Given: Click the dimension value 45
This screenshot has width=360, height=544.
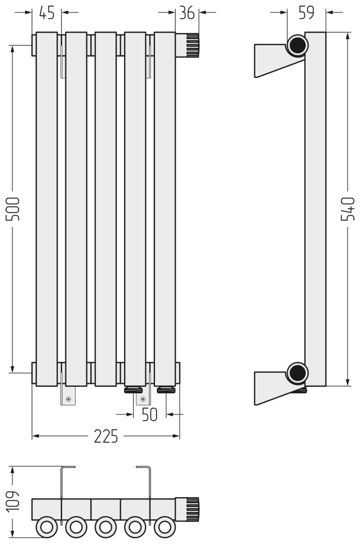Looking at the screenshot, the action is coord(47,13).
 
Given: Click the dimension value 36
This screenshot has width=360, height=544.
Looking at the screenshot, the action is coord(187,13).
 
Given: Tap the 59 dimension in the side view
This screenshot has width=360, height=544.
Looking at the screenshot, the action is coord(306,13).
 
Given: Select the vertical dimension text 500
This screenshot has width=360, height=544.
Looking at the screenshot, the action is coord(13,209).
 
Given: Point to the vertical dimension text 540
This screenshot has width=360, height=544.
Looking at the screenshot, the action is coord(348,209).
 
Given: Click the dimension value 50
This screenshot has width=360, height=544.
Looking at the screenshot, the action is coord(150,414).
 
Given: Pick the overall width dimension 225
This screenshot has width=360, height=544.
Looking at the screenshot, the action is coord(106,436).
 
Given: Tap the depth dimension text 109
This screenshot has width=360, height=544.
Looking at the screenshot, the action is coord(13,502).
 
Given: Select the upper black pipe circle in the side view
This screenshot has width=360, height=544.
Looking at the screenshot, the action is coord(297,45).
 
